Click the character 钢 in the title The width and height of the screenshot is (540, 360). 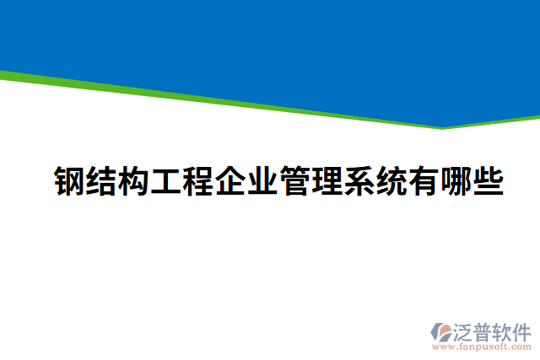69,180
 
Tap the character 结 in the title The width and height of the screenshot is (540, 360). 101,180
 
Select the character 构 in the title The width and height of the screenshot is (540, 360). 133,180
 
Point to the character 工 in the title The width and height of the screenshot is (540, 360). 165,180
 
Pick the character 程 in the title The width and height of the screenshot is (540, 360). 197,180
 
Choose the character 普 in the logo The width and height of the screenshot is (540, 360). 483,331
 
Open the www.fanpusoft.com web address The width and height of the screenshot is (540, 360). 481,347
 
